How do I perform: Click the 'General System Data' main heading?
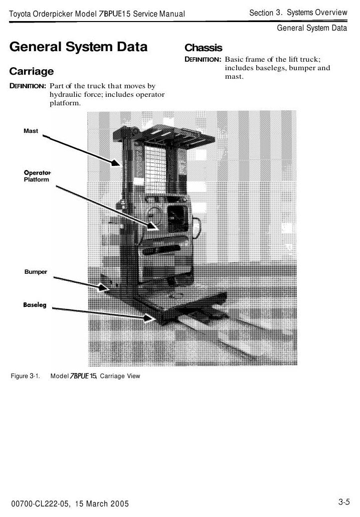78,47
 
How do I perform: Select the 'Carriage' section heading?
31,72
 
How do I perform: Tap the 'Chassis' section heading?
204,48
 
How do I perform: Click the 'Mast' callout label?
31,131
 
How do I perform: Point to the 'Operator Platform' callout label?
37,176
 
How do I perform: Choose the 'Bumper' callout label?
36,272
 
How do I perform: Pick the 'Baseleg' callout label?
35,305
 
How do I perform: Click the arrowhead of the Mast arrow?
116,162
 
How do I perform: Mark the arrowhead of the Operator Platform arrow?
152,226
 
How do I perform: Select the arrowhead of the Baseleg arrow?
149,318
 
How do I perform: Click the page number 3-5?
344,502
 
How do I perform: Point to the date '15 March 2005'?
102,503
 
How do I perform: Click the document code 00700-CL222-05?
40,503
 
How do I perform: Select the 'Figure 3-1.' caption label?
26,376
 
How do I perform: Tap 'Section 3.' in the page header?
266,13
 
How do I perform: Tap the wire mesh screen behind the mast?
155,169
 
